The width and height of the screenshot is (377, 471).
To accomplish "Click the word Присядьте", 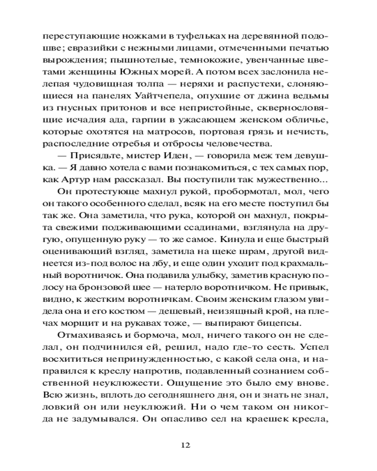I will (x=90, y=156).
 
